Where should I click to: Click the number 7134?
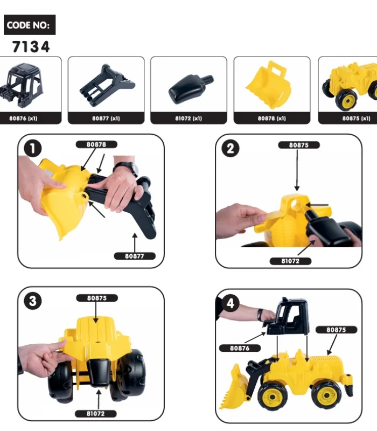pos(31,47)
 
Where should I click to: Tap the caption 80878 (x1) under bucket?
pos(271,118)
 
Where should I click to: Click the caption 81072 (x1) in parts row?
pos(188,118)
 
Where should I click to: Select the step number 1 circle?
pos(33,148)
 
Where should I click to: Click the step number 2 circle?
pos(231,148)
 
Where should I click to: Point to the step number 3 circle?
pos(33,301)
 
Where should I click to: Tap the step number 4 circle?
pos(231,303)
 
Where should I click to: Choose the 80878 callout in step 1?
pos(96,144)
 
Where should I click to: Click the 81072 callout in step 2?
pos(290,261)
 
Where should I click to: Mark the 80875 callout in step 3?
pos(96,297)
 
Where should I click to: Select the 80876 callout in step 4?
pos(240,348)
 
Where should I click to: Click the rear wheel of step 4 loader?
pos(326,395)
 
